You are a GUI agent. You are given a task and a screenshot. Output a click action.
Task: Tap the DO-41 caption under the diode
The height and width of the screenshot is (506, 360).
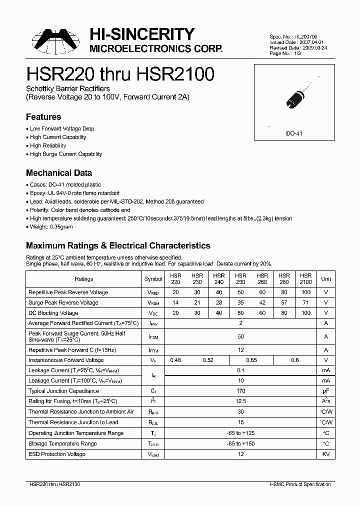tap(293, 134)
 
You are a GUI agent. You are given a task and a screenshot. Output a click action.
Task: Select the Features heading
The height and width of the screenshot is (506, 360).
tap(43, 117)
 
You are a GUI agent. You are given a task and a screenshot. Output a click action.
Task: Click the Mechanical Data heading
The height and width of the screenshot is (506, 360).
tap(58, 173)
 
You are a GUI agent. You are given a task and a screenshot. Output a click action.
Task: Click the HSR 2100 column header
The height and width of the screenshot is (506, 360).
tap(305, 278)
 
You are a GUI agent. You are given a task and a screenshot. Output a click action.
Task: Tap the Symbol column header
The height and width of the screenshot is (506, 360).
tap(153, 279)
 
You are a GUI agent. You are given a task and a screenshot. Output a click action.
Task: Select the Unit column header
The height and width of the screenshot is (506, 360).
tap(326, 279)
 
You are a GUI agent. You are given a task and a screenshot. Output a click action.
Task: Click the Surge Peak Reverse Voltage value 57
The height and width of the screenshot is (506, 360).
tap(284, 302)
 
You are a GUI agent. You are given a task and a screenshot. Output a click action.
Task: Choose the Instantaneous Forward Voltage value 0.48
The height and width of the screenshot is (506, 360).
tap(175, 360)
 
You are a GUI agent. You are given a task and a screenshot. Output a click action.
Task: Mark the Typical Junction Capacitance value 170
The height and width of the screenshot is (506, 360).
tap(240, 391)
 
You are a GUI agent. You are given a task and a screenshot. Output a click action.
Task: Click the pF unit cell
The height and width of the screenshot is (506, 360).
tap(326, 391)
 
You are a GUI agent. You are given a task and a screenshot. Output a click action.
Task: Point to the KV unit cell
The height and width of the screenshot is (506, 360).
tap(326, 454)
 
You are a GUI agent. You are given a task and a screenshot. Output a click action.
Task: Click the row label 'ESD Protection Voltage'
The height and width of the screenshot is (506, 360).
tap(57, 454)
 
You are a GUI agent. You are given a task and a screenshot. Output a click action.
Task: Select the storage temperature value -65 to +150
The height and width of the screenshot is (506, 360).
tap(240, 443)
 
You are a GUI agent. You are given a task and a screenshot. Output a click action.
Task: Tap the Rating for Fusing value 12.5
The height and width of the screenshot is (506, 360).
tap(240, 401)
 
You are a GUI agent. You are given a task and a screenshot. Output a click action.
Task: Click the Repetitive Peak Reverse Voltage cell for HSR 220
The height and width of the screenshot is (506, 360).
tap(175, 292)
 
